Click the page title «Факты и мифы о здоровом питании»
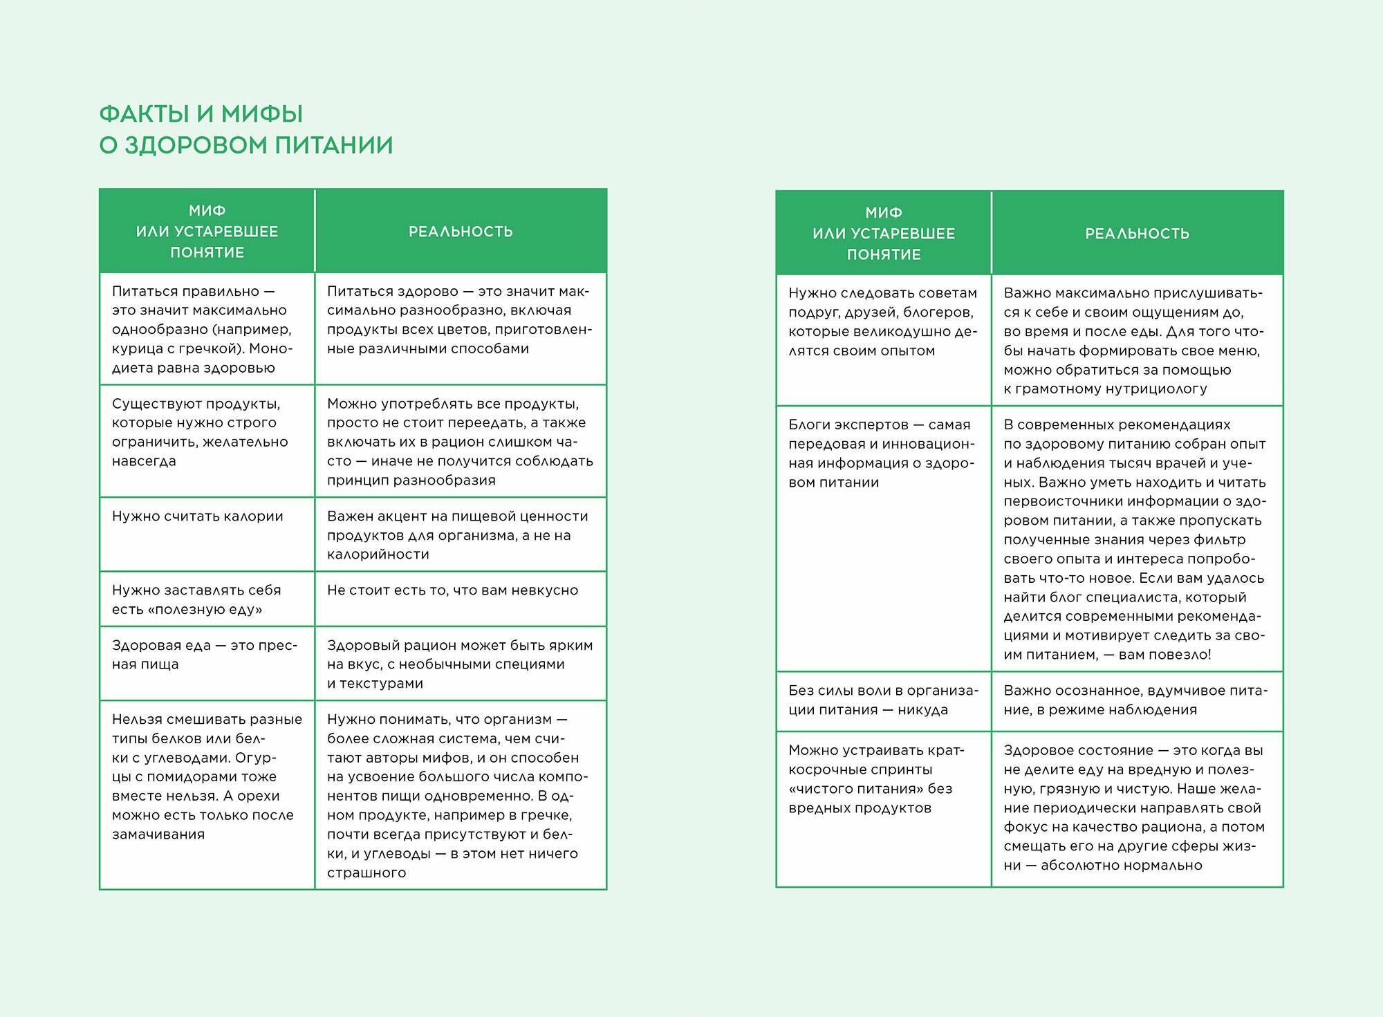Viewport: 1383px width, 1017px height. coord(245,129)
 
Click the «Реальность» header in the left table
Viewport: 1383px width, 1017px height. coord(461,232)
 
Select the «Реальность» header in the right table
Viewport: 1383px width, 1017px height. coord(1137,234)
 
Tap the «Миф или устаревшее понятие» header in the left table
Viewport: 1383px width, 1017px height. coord(207,232)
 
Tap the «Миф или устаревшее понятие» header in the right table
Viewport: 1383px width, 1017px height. coord(883,234)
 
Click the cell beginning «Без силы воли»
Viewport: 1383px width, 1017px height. coord(883,700)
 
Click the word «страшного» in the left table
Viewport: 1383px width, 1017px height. coord(366,873)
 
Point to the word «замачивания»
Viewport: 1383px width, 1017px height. coord(158,834)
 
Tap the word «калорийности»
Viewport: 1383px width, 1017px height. coord(378,554)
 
